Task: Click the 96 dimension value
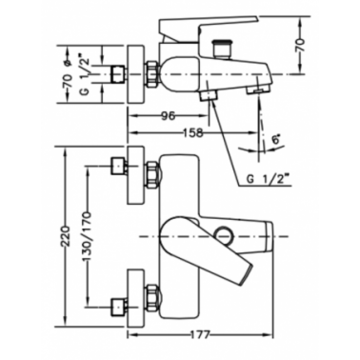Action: tap(168, 116)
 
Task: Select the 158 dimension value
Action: tap(192, 132)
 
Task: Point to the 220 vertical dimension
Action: tap(65, 236)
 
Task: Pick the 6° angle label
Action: tap(275, 139)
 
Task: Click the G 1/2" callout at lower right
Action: tap(266, 180)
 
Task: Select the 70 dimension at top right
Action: tap(300, 45)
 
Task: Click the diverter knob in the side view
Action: tap(221, 49)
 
